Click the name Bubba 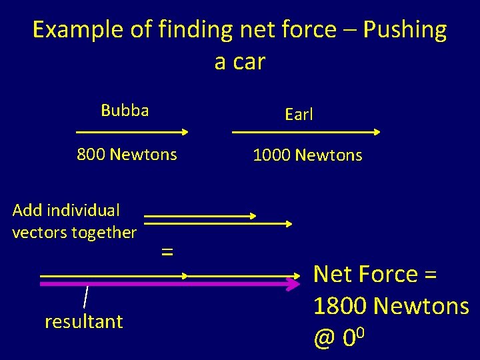(x=125, y=110)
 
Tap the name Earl (x=299, y=115)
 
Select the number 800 (x=91, y=155)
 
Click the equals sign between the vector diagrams (x=167, y=251)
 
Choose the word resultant (x=84, y=322)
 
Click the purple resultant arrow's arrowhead (x=294, y=284)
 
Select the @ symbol (x=324, y=339)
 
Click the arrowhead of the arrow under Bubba (x=186, y=132)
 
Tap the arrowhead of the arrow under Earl (x=377, y=132)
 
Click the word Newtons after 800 (x=143, y=155)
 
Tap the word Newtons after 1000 (x=329, y=155)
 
